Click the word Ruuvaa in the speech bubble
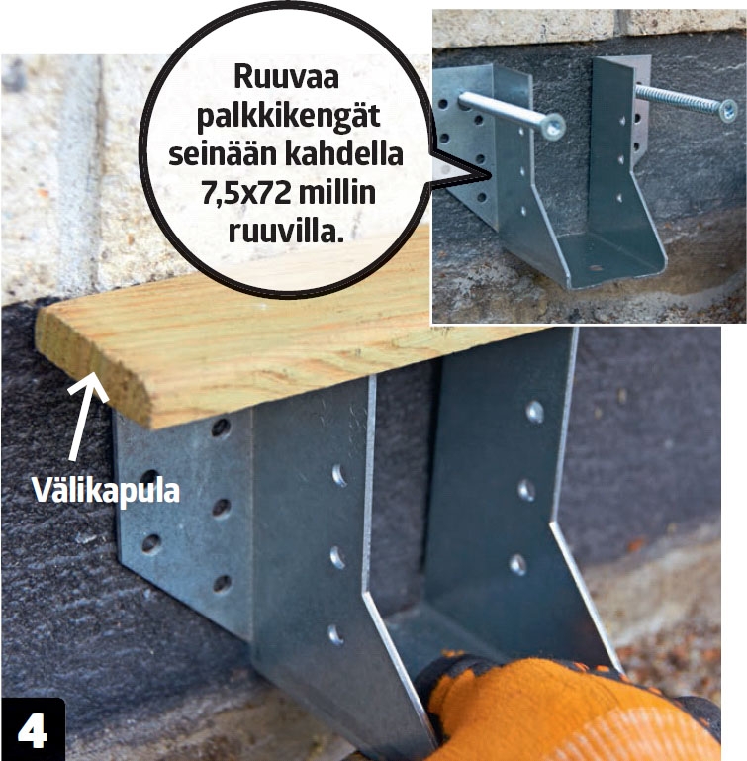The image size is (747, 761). tap(286, 77)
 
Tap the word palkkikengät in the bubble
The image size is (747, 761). tap(288, 117)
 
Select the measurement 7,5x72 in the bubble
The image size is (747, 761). tap(245, 194)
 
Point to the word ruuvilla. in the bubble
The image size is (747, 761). tap(286, 231)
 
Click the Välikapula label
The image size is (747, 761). tap(106, 490)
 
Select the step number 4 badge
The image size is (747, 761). tap(33, 729)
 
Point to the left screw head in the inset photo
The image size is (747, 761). tap(553, 127)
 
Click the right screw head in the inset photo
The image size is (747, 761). tap(727, 110)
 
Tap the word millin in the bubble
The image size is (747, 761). tap(336, 192)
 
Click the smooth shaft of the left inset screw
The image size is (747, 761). tap(500, 109)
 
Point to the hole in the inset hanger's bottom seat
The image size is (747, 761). tap(595, 267)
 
